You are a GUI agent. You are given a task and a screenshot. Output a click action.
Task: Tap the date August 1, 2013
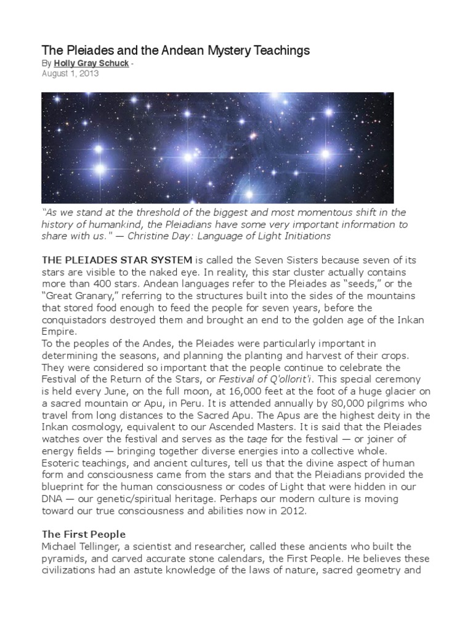pyautogui.click(x=70, y=74)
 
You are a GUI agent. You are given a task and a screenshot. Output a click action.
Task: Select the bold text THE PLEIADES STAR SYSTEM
pyautogui.click(x=116, y=260)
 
